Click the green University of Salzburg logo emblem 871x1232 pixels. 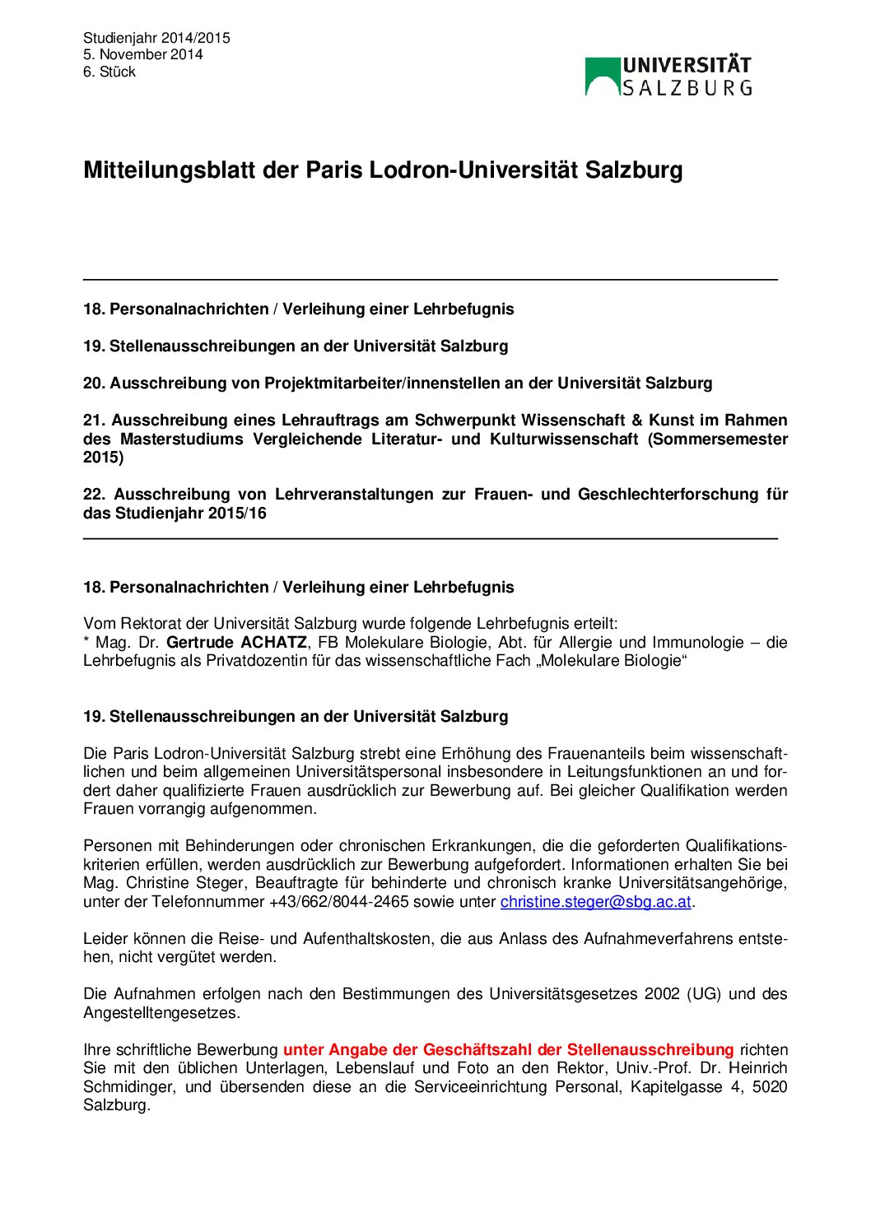click(x=602, y=76)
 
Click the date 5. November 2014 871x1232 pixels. click(x=142, y=54)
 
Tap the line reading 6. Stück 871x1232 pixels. click(x=109, y=72)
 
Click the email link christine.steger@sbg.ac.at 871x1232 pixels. click(x=595, y=902)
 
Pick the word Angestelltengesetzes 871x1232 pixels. click(x=161, y=1013)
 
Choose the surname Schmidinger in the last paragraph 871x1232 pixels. click(x=129, y=1087)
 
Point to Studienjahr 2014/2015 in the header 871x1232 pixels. click(x=156, y=38)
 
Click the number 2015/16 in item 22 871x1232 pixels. click(x=235, y=514)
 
